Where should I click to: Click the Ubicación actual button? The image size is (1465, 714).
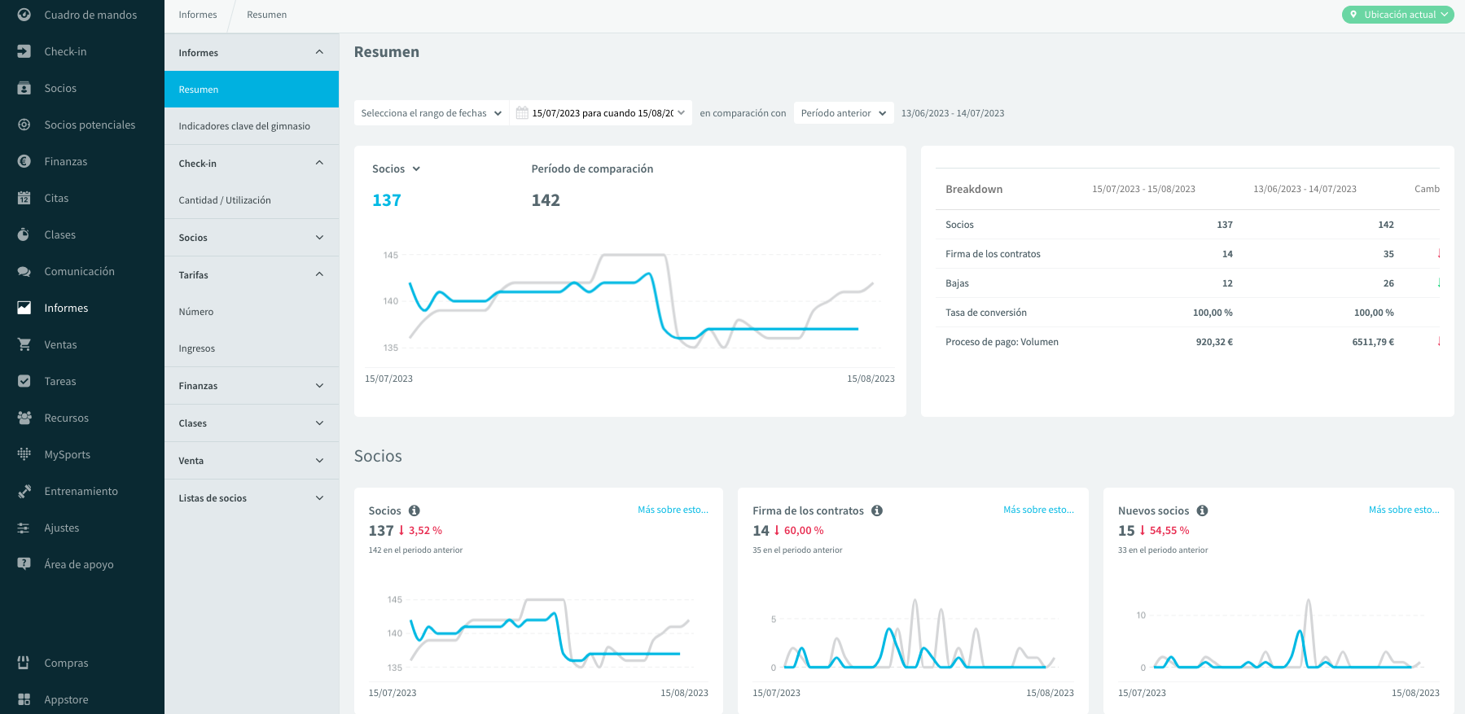click(x=1397, y=15)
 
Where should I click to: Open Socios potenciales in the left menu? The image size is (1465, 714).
click(x=90, y=125)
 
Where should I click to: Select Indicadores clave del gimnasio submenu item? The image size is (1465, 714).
click(x=244, y=126)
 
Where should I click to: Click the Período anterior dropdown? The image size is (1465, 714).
click(x=844, y=113)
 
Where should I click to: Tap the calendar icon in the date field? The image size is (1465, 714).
click(x=522, y=113)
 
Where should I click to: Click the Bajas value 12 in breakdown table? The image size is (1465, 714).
click(x=1227, y=283)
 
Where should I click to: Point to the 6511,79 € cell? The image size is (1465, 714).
click(x=1373, y=342)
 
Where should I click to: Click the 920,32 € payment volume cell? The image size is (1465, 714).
click(x=1214, y=342)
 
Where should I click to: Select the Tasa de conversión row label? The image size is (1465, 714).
click(x=986, y=313)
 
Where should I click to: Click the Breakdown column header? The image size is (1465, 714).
click(x=974, y=189)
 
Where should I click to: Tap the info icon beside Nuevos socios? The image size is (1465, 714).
click(x=1202, y=510)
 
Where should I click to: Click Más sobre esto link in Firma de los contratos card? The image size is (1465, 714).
click(x=1038, y=510)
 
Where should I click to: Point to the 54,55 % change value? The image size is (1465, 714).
click(x=1169, y=530)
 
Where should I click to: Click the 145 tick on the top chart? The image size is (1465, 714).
click(x=391, y=255)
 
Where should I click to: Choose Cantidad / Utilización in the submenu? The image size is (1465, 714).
click(x=225, y=200)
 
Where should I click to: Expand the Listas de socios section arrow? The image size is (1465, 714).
click(x=319, y=497)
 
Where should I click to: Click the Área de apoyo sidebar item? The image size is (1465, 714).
click(x=79, y=564)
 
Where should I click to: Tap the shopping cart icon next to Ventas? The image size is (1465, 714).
click(x=24, y=344)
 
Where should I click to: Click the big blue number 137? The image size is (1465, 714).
click(x=387, y=200)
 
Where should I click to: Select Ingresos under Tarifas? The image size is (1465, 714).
click(x=197, y=348)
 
